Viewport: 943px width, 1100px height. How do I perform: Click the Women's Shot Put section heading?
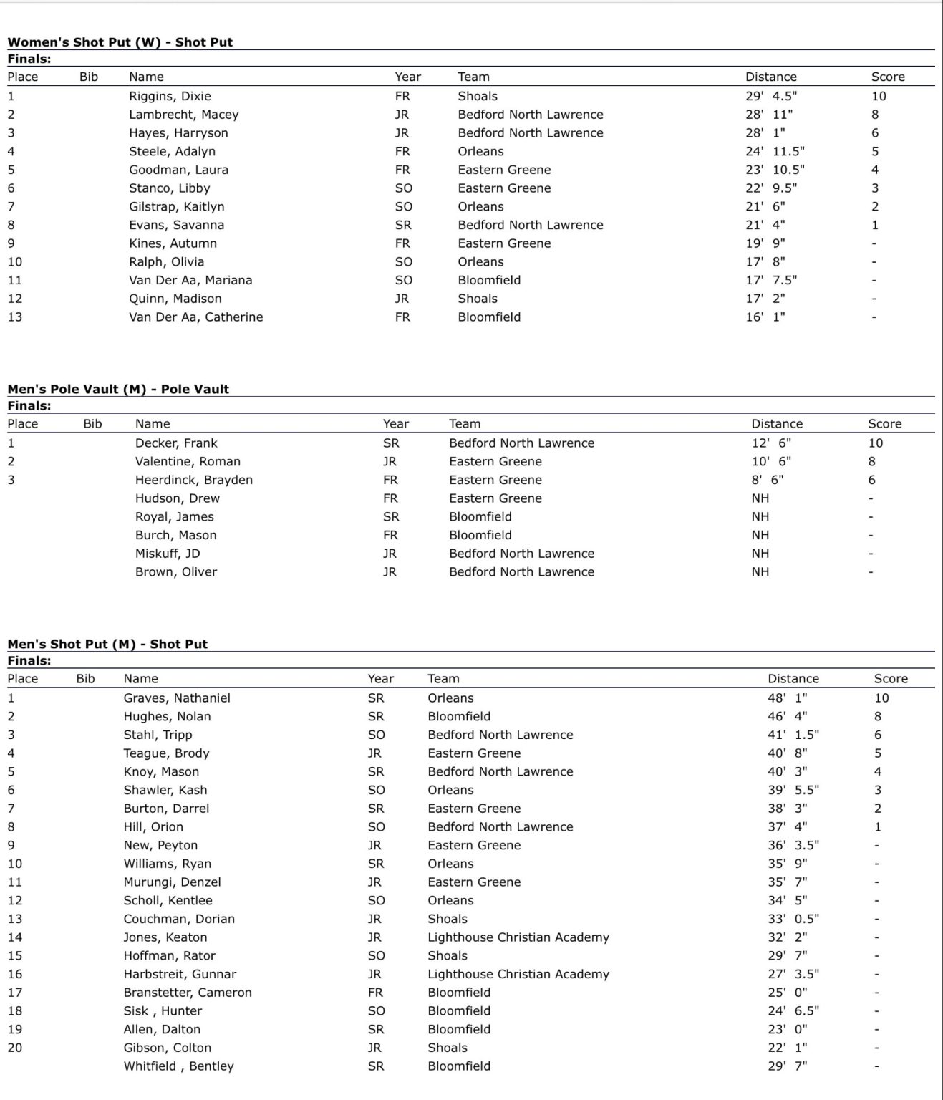[120, 42]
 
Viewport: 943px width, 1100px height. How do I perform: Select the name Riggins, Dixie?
[170, 96]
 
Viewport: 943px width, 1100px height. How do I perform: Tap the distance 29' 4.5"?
[770, 96]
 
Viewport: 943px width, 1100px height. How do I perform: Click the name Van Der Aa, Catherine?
[195, 317]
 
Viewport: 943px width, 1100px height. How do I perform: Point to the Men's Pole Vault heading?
[118, 390]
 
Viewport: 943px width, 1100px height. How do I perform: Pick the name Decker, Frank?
[176, 443]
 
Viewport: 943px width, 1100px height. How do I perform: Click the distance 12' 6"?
[770, 443]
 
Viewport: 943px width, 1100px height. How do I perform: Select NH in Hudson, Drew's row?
[760, 498]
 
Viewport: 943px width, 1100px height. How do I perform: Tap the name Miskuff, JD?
[168, 554]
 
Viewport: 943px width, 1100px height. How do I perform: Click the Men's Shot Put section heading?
[107, 645]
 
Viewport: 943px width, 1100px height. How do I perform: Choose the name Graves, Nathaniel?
[177, 698]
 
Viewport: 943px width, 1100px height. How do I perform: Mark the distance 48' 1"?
[787, 698]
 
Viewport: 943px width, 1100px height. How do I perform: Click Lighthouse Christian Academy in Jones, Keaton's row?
[518, 937]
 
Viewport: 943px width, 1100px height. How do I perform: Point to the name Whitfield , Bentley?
[178, 1066]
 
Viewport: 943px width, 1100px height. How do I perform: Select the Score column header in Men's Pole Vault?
[884, 424]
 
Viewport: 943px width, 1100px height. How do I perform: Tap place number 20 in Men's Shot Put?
[15, 1048]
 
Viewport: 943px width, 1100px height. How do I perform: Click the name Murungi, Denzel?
[172, 882]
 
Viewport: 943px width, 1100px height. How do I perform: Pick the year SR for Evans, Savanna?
[403, 225]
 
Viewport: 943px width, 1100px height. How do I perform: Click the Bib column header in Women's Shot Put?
[89, 77]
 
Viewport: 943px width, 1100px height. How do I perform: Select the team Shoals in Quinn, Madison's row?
[478, 299]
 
